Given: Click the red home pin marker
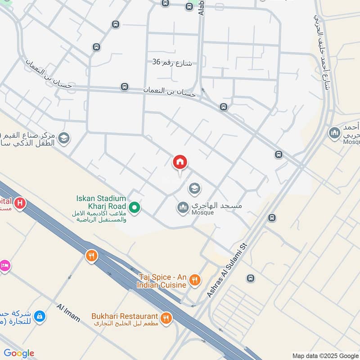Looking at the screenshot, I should (180, 162).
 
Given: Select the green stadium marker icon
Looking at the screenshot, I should (134, 208).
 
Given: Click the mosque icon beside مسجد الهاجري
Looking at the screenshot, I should (183, 207).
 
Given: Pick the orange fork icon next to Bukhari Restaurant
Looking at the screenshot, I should (166, 318).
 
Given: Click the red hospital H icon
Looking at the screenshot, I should (19, 204).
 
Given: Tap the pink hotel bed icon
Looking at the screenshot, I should (4, 265).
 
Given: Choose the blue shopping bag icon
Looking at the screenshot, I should (40, 317).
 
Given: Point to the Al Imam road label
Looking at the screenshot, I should (68, 313).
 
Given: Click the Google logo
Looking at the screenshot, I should (19, 353).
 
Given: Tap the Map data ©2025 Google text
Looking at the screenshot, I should (324, 355).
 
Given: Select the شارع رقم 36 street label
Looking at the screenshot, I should (172, 63).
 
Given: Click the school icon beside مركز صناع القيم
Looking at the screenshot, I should (64, 138).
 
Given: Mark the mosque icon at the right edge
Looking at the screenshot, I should (334, 133).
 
